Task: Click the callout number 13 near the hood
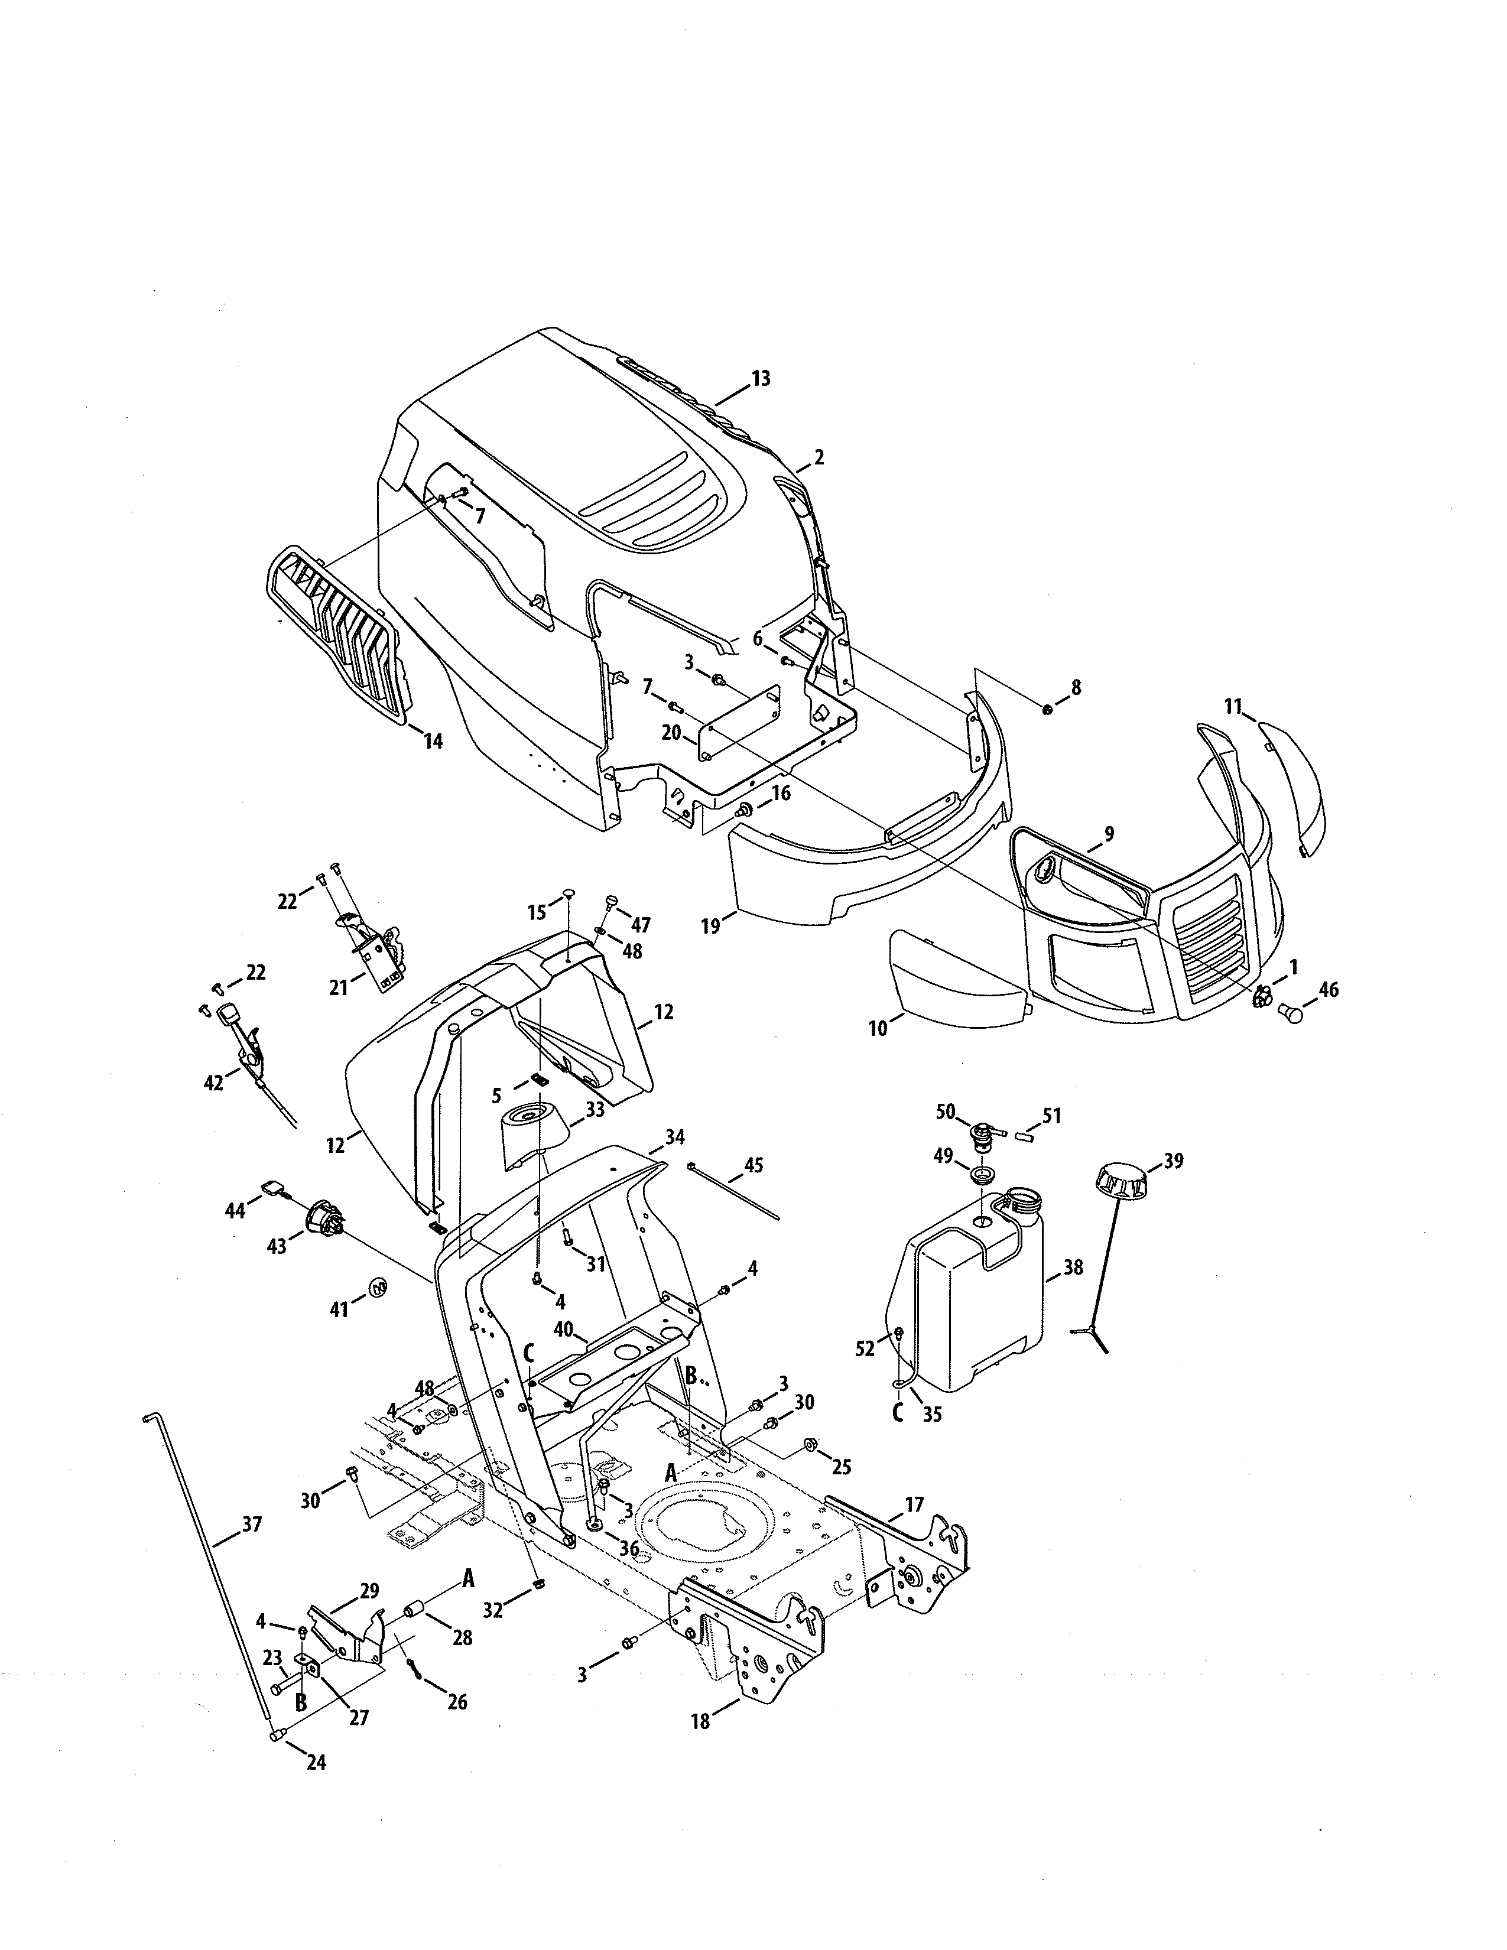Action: pyautogui.click(x=760, y=379)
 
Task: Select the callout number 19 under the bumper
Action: pyautogui.click(x=710, y=926)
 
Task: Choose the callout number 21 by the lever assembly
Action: pyautogui.click(x=339, y=987)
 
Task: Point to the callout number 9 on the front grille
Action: pyautogui.click(x=1109, y=834)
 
